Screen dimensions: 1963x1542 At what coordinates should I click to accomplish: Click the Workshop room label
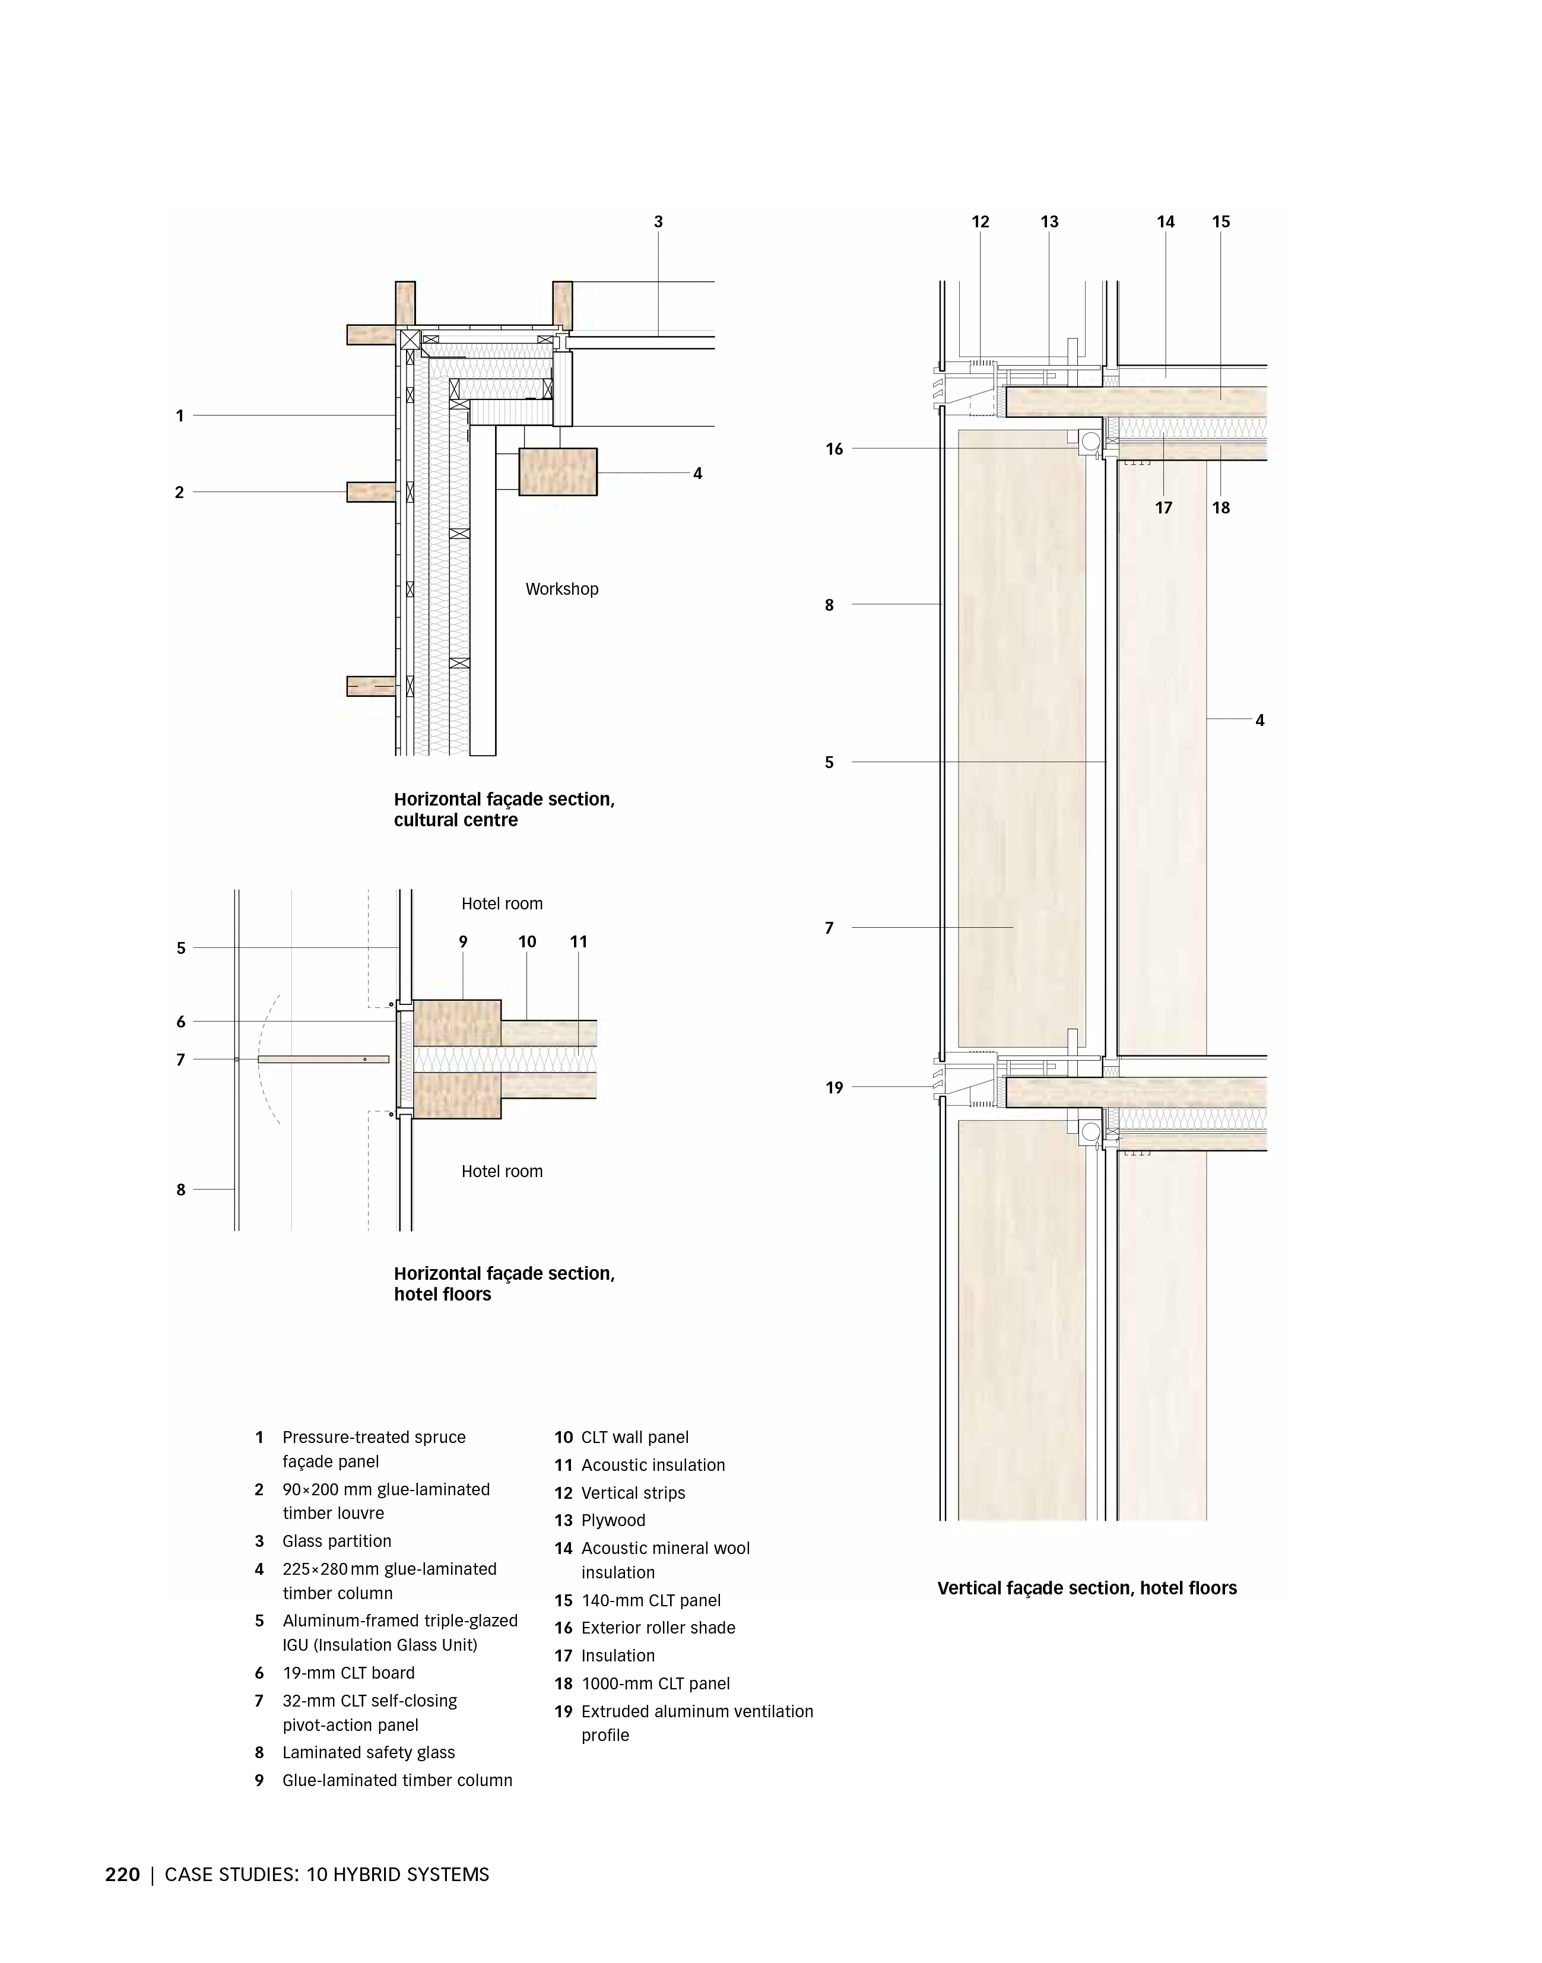pos(561,589)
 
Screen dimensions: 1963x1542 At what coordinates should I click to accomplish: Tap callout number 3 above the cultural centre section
pos(658,221)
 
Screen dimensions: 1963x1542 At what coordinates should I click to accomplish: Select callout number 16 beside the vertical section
pos(834,449)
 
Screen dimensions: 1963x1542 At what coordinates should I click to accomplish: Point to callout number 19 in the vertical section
pos(834,1087)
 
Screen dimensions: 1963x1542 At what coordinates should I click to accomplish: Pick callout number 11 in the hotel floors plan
pos(579,942)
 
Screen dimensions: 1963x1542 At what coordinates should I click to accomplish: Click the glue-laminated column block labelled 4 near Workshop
pos(557,471)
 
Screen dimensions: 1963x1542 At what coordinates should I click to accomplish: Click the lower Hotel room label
pos(502,1171)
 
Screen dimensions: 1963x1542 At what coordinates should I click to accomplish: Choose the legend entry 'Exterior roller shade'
pos(658,1627)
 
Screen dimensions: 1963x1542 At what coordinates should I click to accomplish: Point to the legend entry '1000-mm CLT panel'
pos(655,1683)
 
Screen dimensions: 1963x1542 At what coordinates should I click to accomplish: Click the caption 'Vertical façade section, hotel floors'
pos(1087,1587)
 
